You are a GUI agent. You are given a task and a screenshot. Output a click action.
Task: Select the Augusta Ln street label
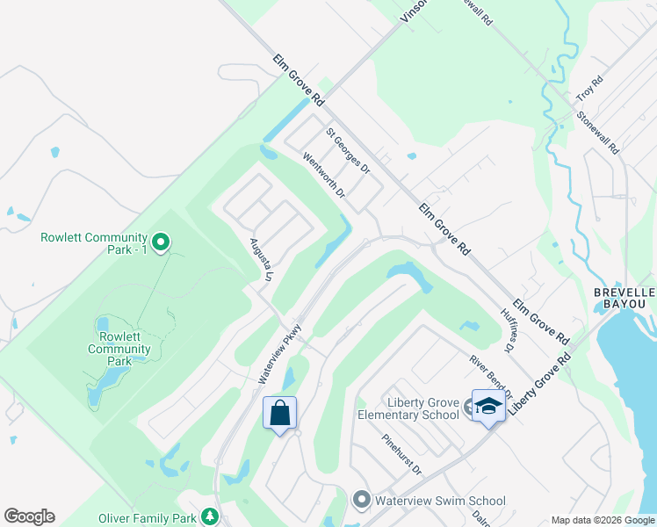coord(257,259)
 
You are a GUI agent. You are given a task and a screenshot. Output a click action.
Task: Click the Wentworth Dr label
coord(324,176)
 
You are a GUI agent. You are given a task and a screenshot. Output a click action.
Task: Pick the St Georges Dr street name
coord(348,150)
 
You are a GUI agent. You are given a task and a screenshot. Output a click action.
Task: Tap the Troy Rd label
coord(589,87)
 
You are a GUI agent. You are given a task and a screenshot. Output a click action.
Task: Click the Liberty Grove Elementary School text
coord(408,408)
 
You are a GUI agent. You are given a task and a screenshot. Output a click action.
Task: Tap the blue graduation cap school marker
coord(488,406)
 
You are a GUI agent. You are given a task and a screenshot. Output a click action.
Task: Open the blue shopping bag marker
coord(279,412)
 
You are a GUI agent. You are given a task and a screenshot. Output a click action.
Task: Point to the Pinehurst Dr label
coord(401,454)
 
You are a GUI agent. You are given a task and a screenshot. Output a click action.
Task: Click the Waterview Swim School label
coord(440,501)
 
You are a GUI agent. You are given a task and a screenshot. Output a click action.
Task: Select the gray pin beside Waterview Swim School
coord(361,500)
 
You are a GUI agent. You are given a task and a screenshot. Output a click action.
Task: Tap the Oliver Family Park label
coord(148,518)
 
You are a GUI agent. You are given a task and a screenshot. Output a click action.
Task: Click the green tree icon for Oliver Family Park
coord(209,516)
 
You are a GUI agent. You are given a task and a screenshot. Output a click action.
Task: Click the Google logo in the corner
coord(29,516)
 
